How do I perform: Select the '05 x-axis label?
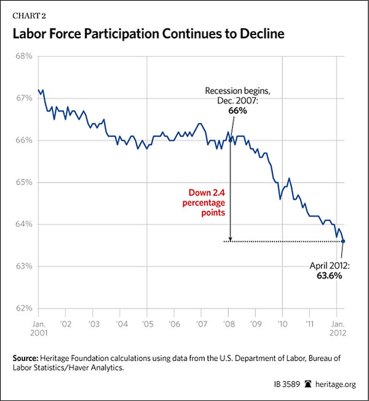[147, 322]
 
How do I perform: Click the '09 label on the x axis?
[255, 322]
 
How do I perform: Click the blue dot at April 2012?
[343, 241]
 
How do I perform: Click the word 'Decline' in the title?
[259, 34]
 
